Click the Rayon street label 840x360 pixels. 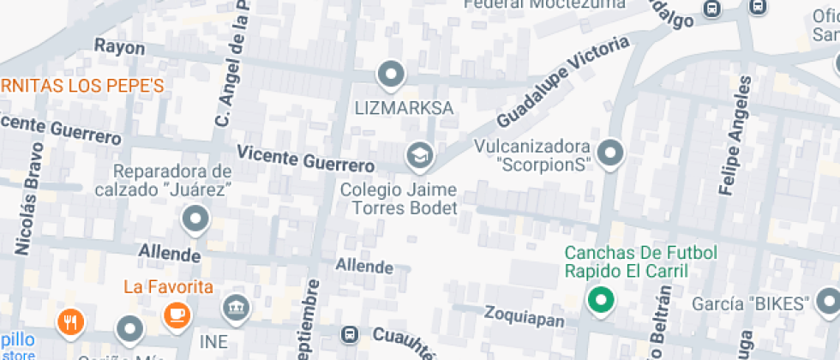(x=119, y=45)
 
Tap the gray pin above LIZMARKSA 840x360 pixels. (x=392, y=75)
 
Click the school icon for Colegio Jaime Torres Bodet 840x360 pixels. (x=420, y=155)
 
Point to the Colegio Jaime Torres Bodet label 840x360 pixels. (x=399, y=197)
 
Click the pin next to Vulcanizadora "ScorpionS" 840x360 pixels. (x=610, y=153)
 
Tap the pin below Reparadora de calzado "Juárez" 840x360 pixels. (x=196, y=219)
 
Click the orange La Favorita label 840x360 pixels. (x=168, y=286)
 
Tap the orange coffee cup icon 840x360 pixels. (x=177, y=314)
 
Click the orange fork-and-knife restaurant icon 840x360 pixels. (x=70, y=322)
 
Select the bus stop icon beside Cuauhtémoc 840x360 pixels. (x=350, y=333)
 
